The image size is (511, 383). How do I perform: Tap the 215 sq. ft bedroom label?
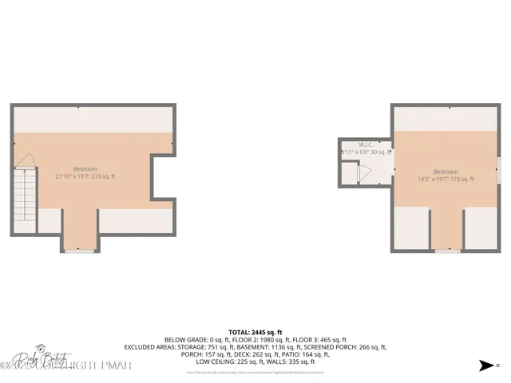(x=85, y=172)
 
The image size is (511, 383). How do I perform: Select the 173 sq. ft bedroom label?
(x=446, y=176)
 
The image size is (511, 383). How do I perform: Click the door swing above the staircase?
(x=25, y=164)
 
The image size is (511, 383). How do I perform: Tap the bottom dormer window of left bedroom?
(x=80, y=251)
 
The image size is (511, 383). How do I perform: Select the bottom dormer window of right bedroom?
(x=449, y=251)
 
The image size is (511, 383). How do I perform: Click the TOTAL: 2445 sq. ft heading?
(x=255, y=331)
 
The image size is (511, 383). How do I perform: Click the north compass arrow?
(x=486, y=366)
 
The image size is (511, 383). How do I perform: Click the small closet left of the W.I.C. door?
(x=348, y=173)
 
